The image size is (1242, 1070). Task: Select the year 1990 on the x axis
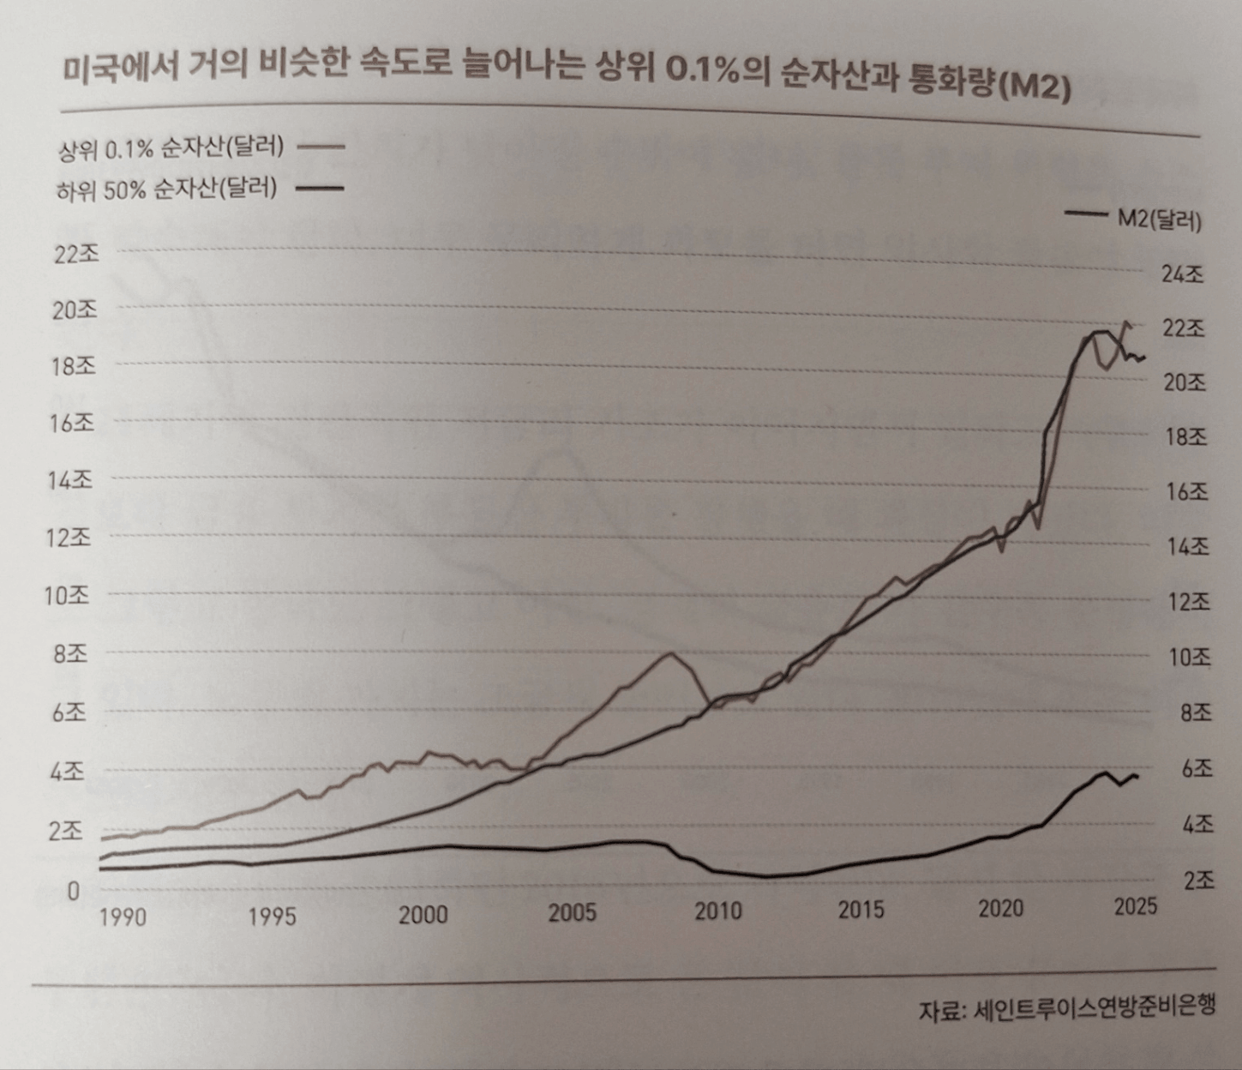(123, 917)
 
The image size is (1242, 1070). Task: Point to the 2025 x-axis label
(1136, 906)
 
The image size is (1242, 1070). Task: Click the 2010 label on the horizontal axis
(718, 911)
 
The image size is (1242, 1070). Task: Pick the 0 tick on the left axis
(73, 892)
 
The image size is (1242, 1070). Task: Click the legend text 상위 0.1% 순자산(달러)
(171, 148)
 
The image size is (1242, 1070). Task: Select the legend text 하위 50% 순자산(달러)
(167, 189)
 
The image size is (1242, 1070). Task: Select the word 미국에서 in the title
(121, 68)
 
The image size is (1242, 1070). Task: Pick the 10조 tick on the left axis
(67, 595)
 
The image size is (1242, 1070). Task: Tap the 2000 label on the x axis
(423, 915)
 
